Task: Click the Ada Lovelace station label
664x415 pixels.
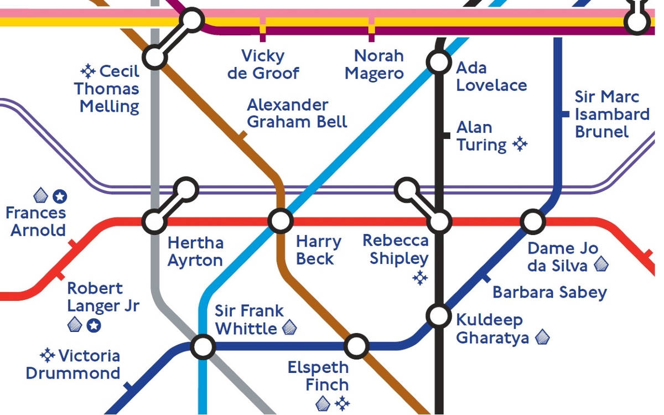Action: (x=491, y=76)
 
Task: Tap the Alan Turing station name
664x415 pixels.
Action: (x=481, y=136)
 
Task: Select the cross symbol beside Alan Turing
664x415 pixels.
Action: (x=520, y=144)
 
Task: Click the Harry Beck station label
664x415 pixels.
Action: (x=318, y=250)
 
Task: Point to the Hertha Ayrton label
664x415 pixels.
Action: (x=195, y=251)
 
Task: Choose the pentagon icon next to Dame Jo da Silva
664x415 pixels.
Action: (x=600, y=266)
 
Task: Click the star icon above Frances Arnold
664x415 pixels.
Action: (x=60, y=196)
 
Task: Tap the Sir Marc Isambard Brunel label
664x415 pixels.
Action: (x=611, y=114)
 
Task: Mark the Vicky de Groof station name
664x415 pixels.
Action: (x=263, y=64)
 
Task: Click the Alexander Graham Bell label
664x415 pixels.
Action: (x=297, y=113)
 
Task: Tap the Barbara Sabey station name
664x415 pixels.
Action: (x=549, y=292)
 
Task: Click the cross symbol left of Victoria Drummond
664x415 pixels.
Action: (x=48, y=355)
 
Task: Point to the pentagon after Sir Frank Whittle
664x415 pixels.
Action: (x=289, y=328)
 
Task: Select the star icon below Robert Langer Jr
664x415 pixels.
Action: (x=94, y=325)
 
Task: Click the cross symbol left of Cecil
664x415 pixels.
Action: (x=88, y=71)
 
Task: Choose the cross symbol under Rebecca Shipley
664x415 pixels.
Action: (x=420, y=278)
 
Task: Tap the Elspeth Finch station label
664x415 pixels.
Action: (x=318, y=376)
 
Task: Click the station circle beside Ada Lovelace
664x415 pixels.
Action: (x=439, y=62)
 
